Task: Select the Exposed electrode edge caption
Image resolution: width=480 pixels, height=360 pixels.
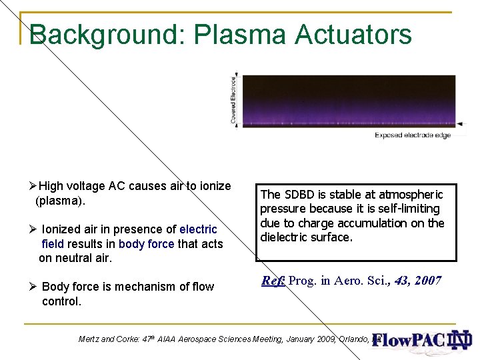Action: click(x=413, y=135)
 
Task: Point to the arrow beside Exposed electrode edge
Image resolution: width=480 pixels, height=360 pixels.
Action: click(x=459, y=124)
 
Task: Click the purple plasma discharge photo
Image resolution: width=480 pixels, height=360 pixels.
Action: click(x=347, y=100)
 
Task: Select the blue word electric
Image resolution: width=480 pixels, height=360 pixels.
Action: click(x=199, y=229)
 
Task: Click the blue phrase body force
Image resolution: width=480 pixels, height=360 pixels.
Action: click(x=146, y=244)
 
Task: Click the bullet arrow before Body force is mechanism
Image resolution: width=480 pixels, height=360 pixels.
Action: click(x=33, y=287)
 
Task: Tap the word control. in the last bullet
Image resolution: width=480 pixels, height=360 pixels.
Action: click(x=61, y=301)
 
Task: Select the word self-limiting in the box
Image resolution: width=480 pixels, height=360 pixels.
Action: click(x=409, y=209)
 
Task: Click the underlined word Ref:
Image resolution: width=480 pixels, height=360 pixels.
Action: click(x=273, y=281)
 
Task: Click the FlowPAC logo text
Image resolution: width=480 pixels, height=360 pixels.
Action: click(x=407, y=340)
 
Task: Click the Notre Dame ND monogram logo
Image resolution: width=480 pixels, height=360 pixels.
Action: click(x=460, y=340)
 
